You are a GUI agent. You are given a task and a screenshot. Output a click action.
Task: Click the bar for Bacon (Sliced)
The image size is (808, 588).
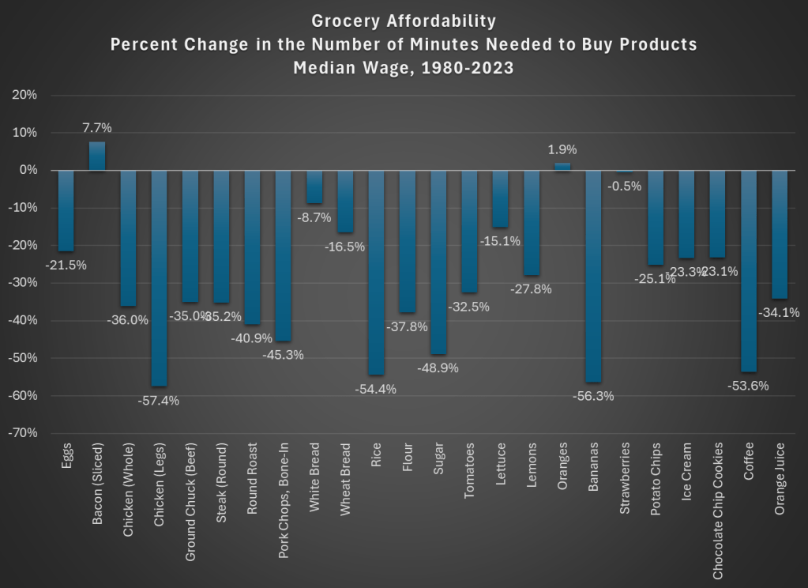click(96, 156)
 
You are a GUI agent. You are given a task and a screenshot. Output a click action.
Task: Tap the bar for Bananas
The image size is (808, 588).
click(593, 276)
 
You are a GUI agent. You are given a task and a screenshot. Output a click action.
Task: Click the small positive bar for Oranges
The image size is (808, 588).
click(562, 167)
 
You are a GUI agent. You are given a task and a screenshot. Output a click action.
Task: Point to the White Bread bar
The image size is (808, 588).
click(314, 187)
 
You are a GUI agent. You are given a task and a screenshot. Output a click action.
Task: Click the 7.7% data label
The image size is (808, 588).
click(96, 127)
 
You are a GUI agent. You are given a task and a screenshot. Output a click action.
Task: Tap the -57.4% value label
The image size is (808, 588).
click(159, 401)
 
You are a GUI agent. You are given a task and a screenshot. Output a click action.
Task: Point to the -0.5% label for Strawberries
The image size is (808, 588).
click(625, 187)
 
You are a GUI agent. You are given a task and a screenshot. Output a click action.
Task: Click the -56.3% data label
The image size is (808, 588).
click(593, 396)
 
